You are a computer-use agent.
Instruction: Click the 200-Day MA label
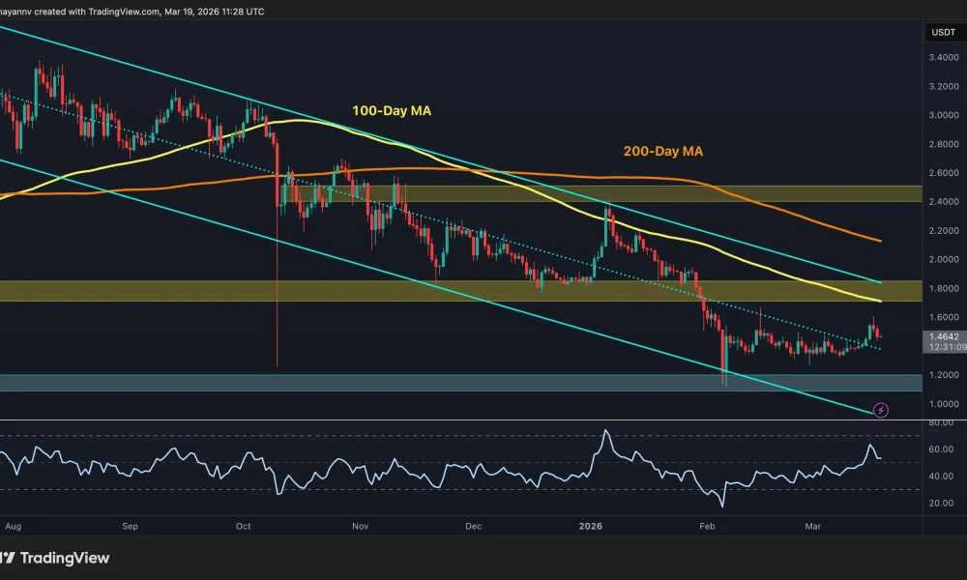coord(661,152)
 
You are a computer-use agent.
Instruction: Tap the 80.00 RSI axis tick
coord(940,423)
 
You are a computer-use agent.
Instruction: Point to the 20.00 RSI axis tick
coord(940,503)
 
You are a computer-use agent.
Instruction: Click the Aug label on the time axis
coord(14,527)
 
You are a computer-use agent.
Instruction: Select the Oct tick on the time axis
coord(243,527)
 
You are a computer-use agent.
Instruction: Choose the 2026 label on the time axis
coord(589,527)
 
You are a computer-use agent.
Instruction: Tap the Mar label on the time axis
coord(811,527)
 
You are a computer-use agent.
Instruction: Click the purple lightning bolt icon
coord(881,411)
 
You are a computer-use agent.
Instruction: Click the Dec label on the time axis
coord(473,527)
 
